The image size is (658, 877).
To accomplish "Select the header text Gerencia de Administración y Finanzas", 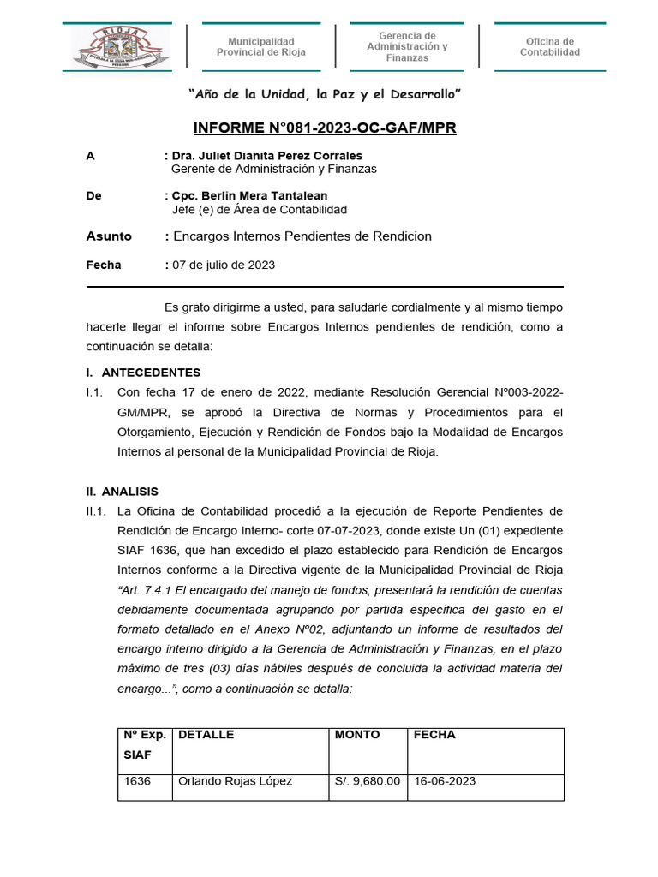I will [x=407, y=46].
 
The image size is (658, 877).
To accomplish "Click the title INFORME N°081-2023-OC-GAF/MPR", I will [x=325, y=128].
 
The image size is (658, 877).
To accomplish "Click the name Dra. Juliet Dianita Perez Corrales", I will [x=266, y=155].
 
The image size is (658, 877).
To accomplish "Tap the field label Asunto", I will [x=109, y=236].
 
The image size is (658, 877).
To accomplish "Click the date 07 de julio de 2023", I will [x=224, y=265].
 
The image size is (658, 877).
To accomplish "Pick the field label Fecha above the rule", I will [x=104, y=265].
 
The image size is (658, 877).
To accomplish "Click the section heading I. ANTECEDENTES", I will [x=143, y=373].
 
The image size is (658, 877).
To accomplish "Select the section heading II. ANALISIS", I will [x=122, y=492].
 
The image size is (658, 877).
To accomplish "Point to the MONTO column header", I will [x=357, y=735].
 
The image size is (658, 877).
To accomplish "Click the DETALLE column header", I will [x=206, y=735].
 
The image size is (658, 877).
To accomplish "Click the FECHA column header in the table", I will [x=434, y=735].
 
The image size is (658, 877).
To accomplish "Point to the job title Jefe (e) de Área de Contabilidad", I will [x=260, y=209].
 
